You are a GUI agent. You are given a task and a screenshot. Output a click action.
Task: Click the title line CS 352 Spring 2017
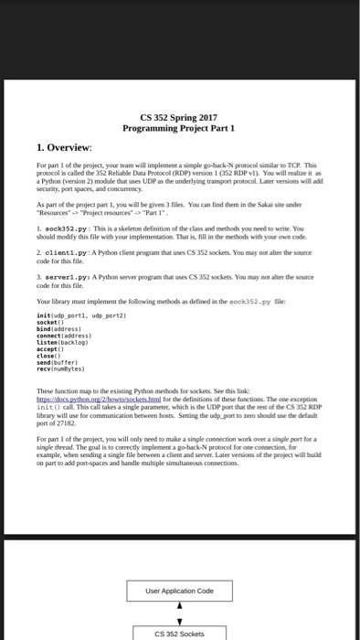pos(180,117)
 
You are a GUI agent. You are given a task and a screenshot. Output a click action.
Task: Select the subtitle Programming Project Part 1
pos(180,128)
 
